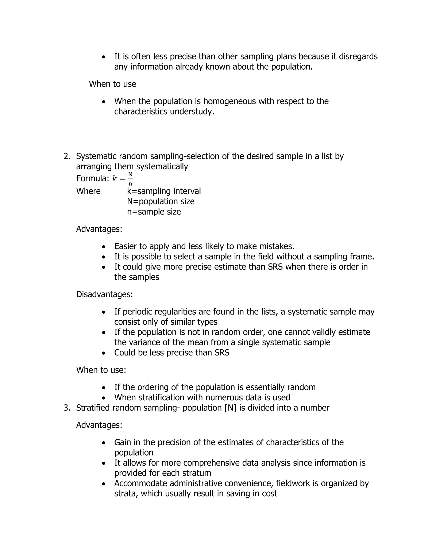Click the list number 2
pyautogui.click(x=67, y=156)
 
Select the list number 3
pyautogui.click(x=67, y=408)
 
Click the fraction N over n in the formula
pyautogui.click(x=130, y=179)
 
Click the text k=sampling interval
pyautogui.click(x=164, y=191)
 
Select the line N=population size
pyautogui.click(x=161, y=201)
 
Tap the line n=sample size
pyautogui.click(x=154, y=212)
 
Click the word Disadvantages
pyautogui.click(x=104, y=294)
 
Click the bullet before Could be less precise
pyautogui.click(x=103, y=353)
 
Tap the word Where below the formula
pyautogui.click(x=88, y=191)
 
